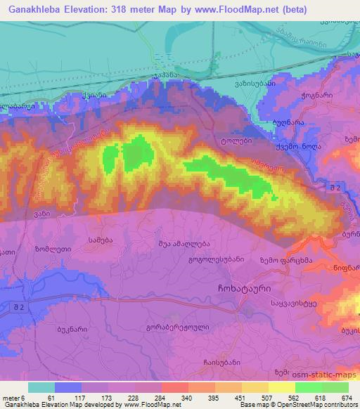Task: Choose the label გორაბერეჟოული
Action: point(169,327)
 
